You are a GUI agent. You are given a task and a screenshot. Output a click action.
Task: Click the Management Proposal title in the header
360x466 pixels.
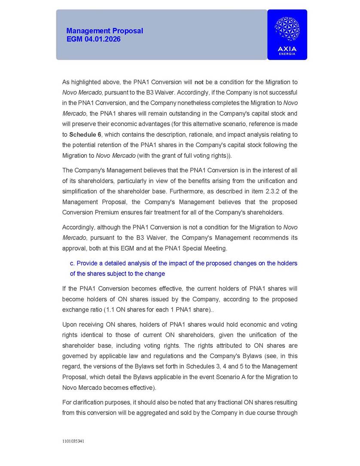tap(104, 31)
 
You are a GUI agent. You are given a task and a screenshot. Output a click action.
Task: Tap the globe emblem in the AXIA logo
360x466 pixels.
tap(287, 29)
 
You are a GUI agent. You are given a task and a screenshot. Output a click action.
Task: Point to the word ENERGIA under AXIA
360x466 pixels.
tap(287, 54)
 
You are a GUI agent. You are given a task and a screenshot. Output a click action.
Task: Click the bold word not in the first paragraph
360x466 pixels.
tap(199, 82)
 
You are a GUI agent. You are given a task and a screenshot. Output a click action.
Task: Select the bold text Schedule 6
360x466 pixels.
tap(85, 135)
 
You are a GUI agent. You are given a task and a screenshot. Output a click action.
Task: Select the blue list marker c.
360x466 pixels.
tap(72, 263)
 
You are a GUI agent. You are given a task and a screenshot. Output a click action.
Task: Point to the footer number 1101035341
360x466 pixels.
tap(73, 441)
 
